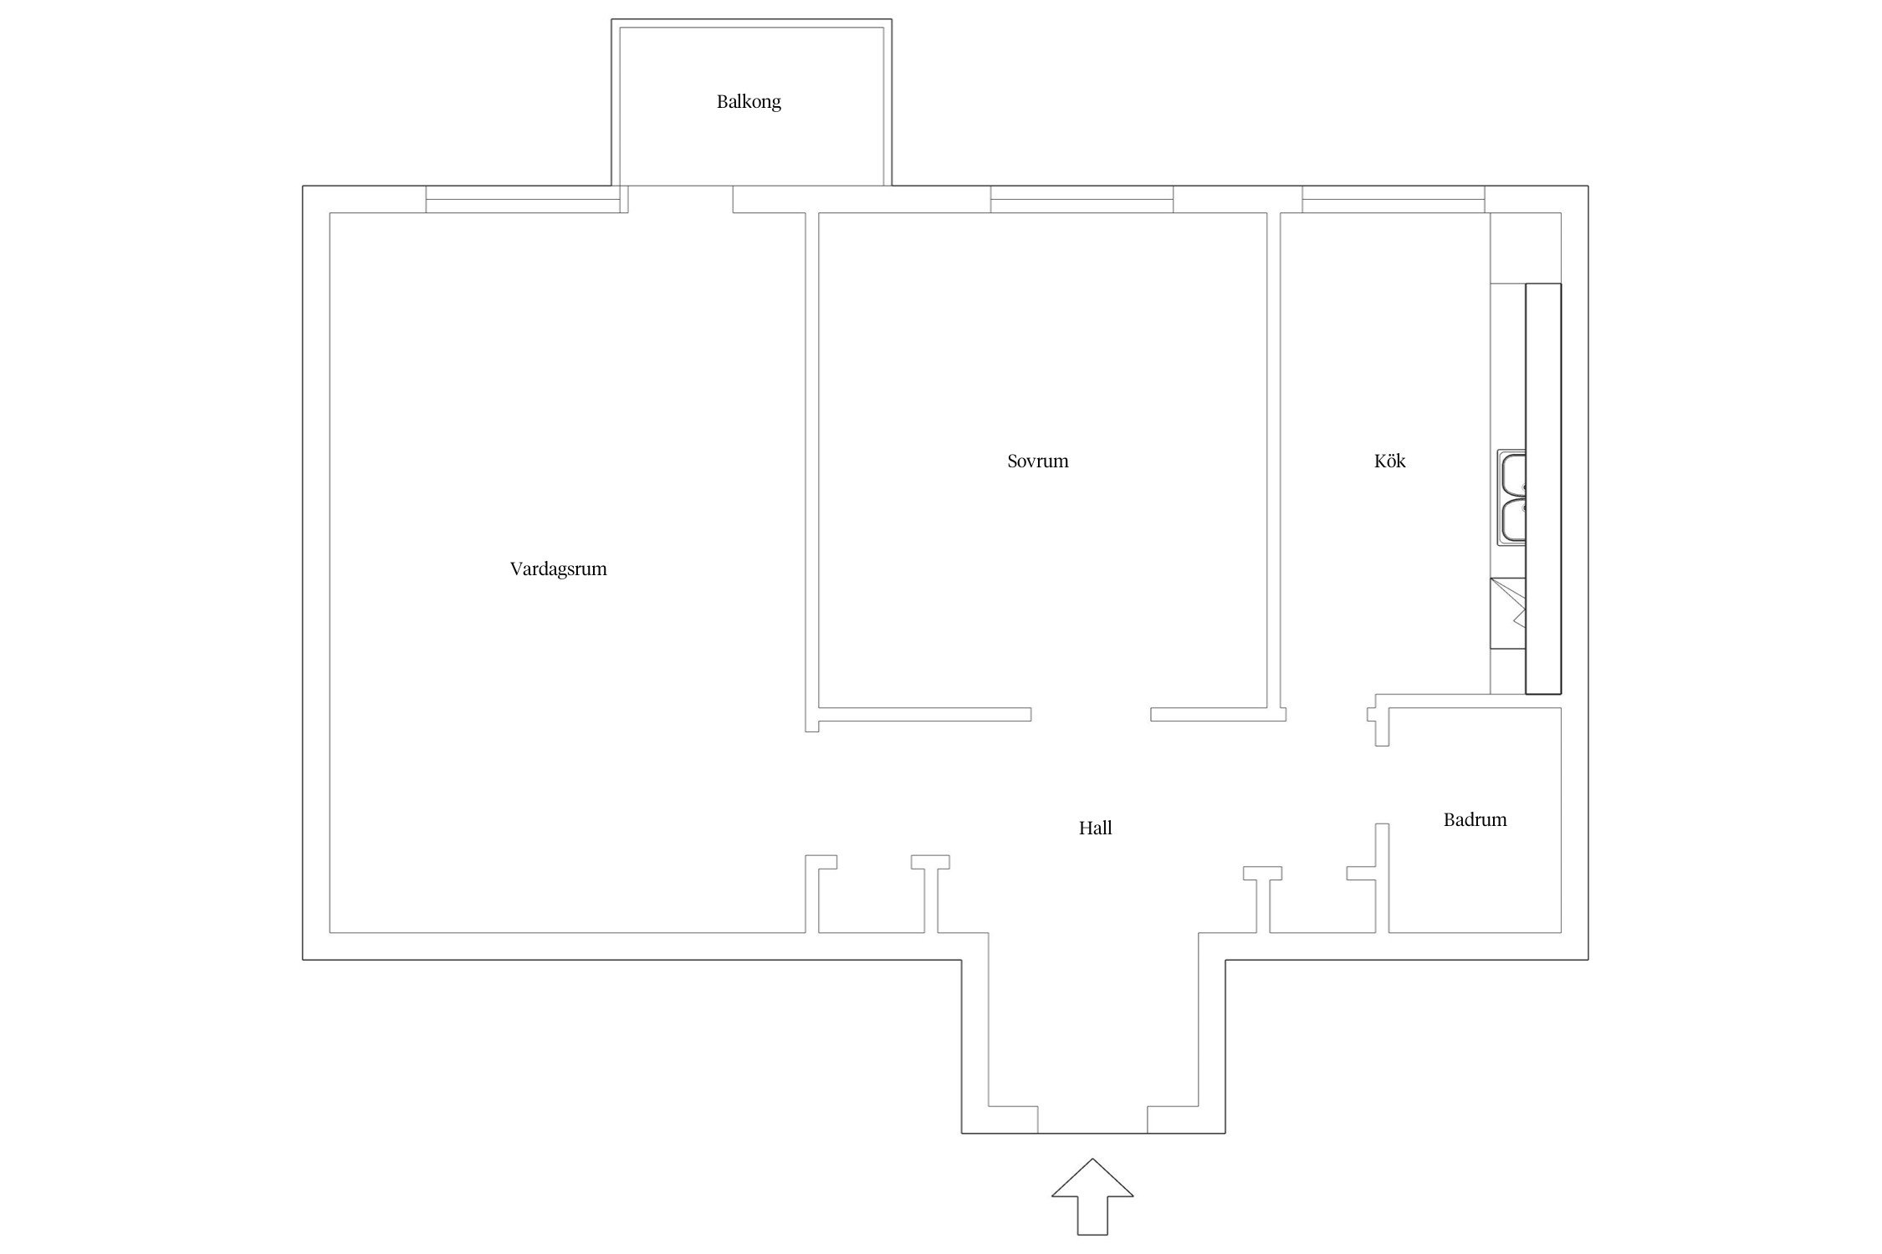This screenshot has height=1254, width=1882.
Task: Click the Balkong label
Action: [x=749, y=102]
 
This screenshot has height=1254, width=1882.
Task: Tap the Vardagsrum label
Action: [x=558, y=569]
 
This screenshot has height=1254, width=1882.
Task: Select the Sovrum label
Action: [x=1037, y=461]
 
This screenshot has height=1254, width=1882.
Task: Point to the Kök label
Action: [x=1389, y=461]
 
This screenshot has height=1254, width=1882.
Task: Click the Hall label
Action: [x=1095, y=828]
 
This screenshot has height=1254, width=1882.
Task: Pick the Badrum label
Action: [x=1475, y=819]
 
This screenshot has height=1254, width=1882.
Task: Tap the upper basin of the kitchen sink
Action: [x=1511, y=474]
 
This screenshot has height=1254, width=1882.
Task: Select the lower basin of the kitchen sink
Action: [x=1511, y=520]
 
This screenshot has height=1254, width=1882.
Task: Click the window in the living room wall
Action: [x=523, y=200]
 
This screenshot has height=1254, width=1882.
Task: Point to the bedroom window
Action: [x=1082, y=200]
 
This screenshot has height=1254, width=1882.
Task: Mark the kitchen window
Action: [x=1394, y=200]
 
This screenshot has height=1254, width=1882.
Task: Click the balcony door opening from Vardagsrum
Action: [x=681, y=200]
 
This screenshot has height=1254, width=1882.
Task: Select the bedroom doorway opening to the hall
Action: [x=1091, y=715]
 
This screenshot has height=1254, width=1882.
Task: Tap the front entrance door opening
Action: [x=1092, y=1119]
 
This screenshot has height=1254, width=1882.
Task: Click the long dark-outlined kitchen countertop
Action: [x=1543, y=489]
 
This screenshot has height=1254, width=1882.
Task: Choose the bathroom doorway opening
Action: [x=1383, y=785]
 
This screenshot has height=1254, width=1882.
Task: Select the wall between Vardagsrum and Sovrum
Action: [x=811, y=472]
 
